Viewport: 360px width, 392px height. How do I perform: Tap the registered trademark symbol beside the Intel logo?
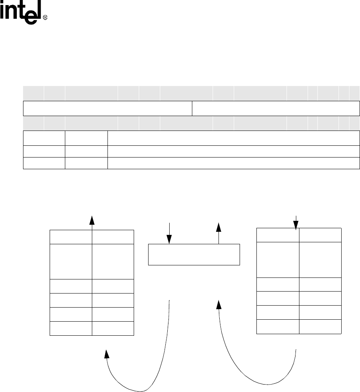45,18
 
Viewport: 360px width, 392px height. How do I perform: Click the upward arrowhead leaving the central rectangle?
219,227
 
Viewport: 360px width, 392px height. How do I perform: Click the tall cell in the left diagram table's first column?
71,261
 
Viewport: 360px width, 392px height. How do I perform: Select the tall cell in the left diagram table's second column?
113,261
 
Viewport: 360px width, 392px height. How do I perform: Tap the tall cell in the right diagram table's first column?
278,260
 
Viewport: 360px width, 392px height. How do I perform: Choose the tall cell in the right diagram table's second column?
320,260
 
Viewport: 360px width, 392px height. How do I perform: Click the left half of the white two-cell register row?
107,108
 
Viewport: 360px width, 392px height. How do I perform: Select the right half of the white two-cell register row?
276,108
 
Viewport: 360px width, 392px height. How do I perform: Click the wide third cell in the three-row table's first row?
233,138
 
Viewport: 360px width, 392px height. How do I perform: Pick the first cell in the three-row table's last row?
44,163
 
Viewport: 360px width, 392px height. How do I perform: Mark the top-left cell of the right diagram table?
278,235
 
